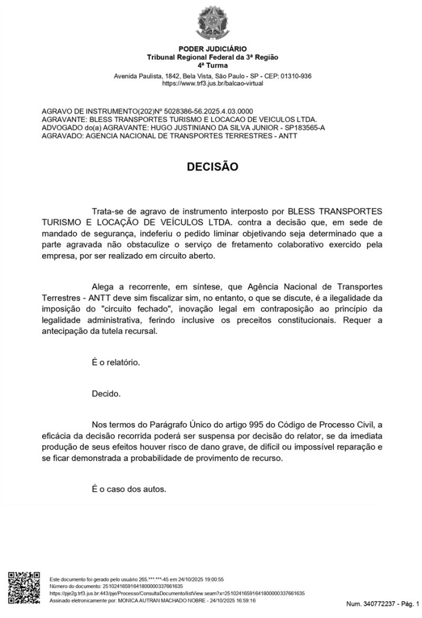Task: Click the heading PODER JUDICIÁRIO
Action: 213,49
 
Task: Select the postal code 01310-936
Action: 293,76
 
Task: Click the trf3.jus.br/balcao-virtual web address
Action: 213,83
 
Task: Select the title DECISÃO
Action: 212,167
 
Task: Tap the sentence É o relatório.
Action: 116,363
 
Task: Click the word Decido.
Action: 106,394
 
